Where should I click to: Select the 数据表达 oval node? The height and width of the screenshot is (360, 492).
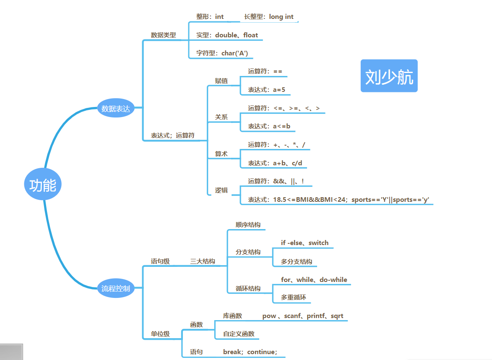pos(116,109)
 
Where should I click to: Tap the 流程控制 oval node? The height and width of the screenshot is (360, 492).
pos(116,288)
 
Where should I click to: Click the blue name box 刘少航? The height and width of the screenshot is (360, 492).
pos(389,76)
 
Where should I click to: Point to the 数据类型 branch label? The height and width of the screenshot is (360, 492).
pos(164,35)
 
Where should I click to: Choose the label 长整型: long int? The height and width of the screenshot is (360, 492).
pos(269,17)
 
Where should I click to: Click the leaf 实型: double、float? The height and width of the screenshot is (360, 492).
pos(227,35)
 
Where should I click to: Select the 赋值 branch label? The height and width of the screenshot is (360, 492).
pos(221,81)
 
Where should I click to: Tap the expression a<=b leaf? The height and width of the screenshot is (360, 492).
pos(269,126)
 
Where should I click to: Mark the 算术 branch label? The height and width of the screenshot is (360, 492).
pos(221,154)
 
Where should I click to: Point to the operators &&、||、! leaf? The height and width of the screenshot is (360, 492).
pos(276,181)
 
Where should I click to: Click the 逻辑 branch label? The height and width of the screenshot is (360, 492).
pos(221,190)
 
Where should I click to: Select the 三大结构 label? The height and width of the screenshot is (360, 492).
pos(203,261)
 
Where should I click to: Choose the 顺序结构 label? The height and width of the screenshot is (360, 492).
pos(248,225)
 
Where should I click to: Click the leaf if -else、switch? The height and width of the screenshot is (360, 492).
pos(305,243)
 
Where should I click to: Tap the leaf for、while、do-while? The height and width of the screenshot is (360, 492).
pos(314,279)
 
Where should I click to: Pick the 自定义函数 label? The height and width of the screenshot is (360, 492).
pos(239,334)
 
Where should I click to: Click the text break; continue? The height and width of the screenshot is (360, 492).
pos(250,352)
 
